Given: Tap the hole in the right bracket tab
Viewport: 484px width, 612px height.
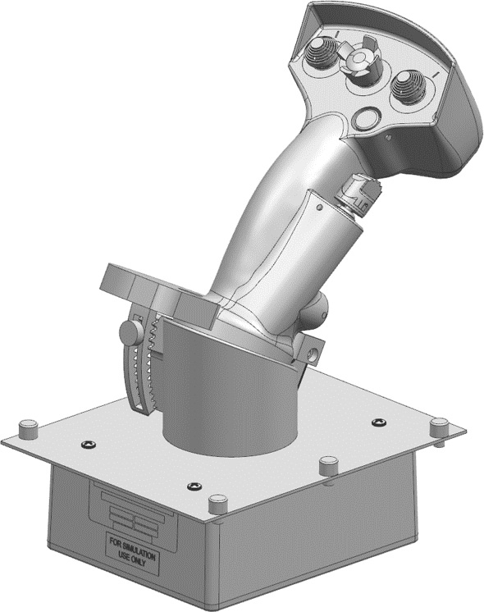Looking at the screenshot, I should [x=313, y=356].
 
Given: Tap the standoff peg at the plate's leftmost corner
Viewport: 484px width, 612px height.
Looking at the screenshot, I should [x=30, y=428].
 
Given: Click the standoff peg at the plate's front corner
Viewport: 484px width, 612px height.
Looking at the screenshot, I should [x=217, y=503].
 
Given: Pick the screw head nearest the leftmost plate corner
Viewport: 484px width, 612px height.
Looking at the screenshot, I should [x=89, y=444].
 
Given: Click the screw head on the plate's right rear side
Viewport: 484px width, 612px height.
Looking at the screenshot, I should [x=378, y=422].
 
